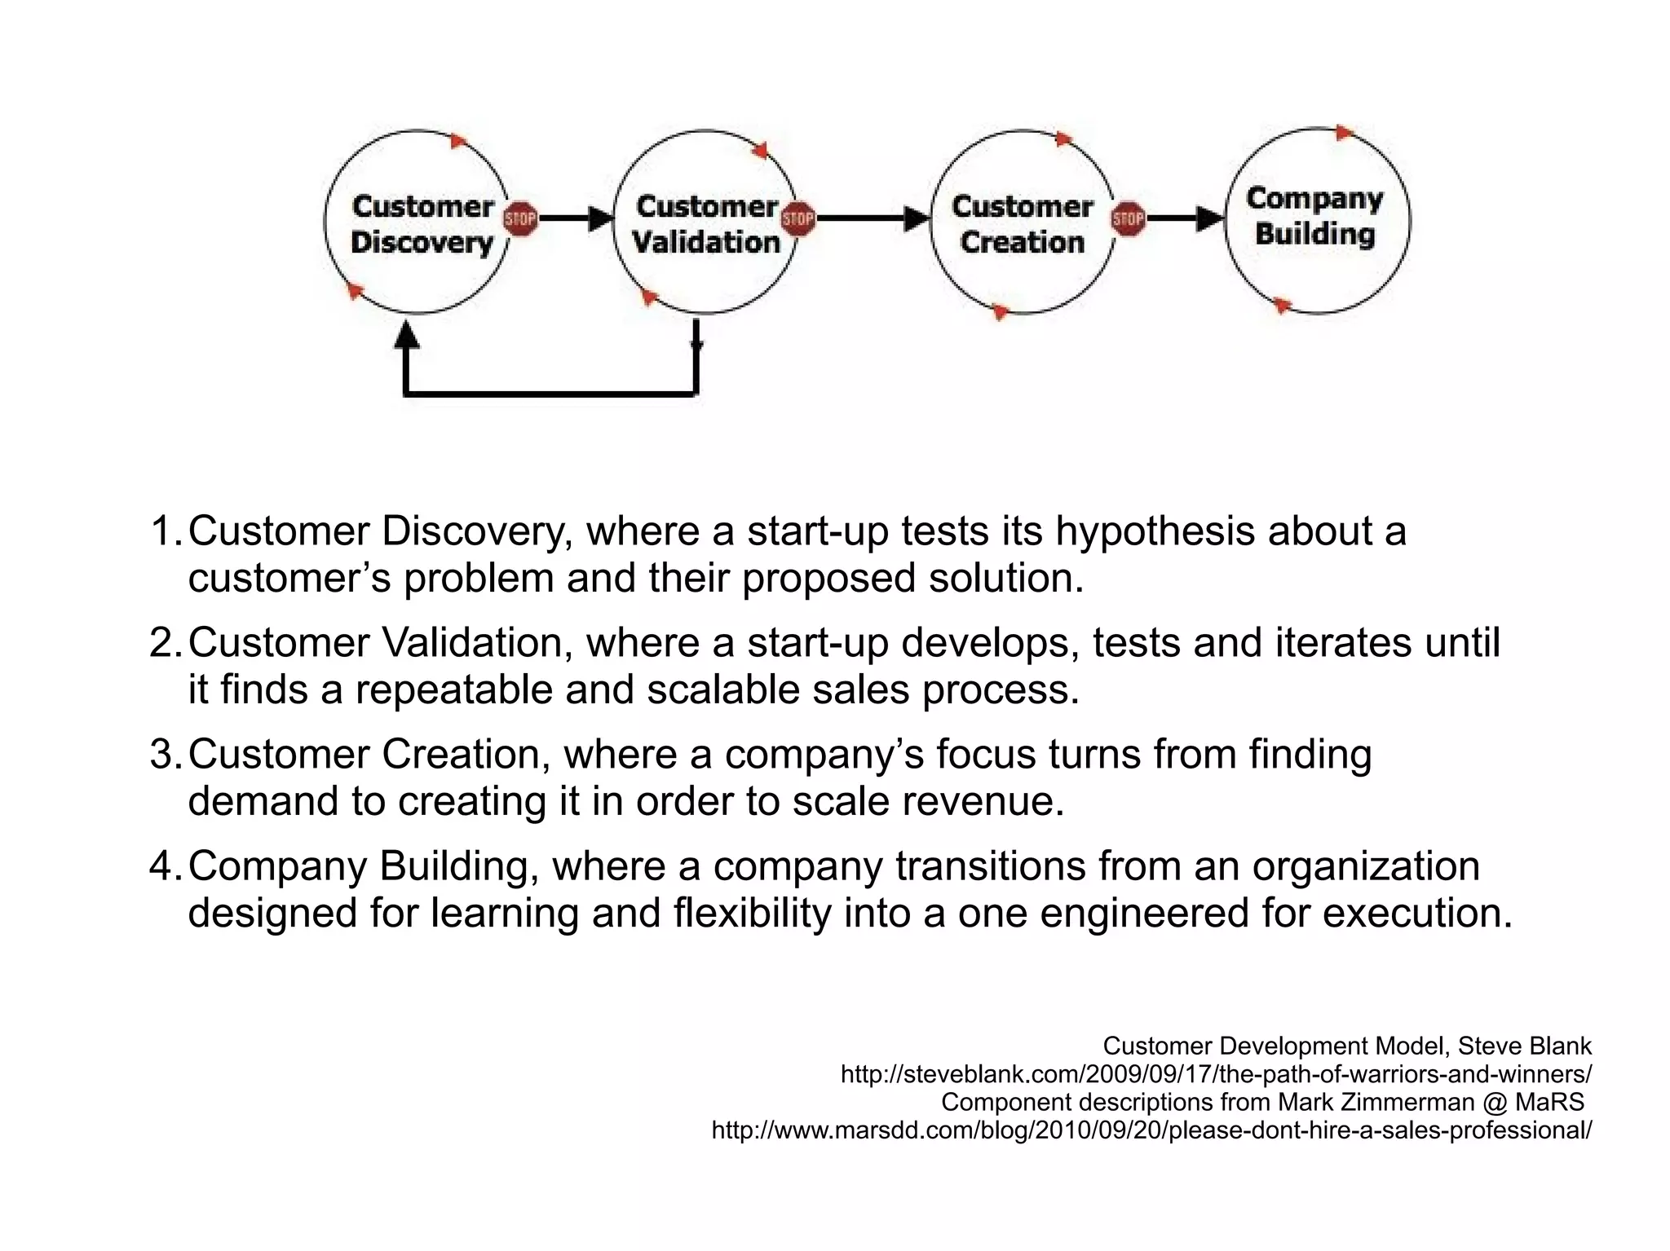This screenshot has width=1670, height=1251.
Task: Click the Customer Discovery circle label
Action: tap(422, 224)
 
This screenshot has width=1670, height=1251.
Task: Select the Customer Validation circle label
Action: tap(706, 224)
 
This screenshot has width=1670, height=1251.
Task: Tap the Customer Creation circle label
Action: tap(1022, 224)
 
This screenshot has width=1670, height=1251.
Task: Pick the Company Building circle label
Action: tap(1314, 216)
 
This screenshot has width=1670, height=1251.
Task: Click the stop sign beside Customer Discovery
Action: tap(519, 218)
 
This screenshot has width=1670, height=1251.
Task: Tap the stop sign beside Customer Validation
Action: tap(797, 218)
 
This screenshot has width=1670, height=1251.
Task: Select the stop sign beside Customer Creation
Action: tap(1129, 218)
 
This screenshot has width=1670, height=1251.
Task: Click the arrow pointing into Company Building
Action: tap(1209, 218)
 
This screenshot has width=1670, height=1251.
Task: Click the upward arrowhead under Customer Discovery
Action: tap(406, 335)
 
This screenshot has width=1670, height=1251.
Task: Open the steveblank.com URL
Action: tap(1215, 1074)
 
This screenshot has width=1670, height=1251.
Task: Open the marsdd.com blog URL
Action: tap(1151, 1130)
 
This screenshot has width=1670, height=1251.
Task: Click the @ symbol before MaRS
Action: tap(1494, 1102)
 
